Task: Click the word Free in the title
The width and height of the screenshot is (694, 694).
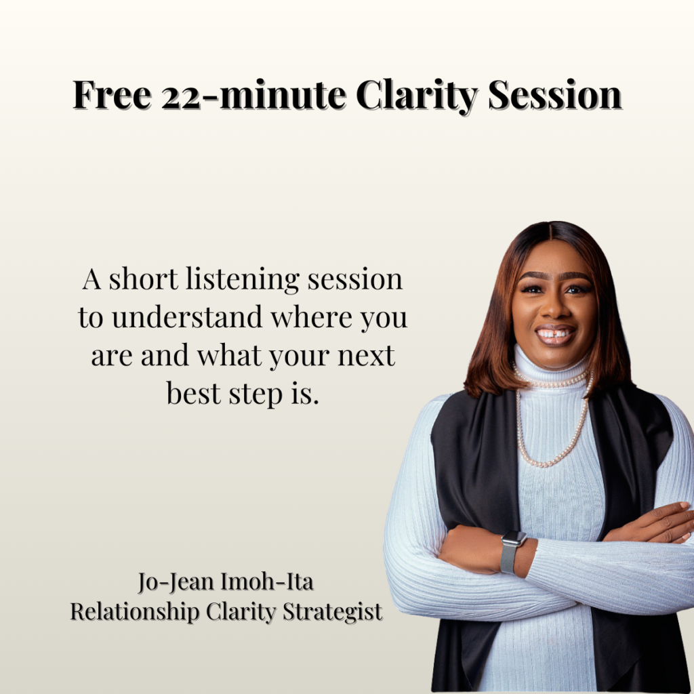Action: (113, 95)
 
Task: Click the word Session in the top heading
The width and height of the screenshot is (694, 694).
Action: (555, 95)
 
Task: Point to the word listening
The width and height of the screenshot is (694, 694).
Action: (243, 280)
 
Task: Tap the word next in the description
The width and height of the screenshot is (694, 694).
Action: (365, 356)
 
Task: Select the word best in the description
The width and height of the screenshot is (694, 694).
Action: (193, 393)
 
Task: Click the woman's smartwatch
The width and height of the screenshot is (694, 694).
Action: (511, 550)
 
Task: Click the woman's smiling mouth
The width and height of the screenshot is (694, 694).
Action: (555, 334)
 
